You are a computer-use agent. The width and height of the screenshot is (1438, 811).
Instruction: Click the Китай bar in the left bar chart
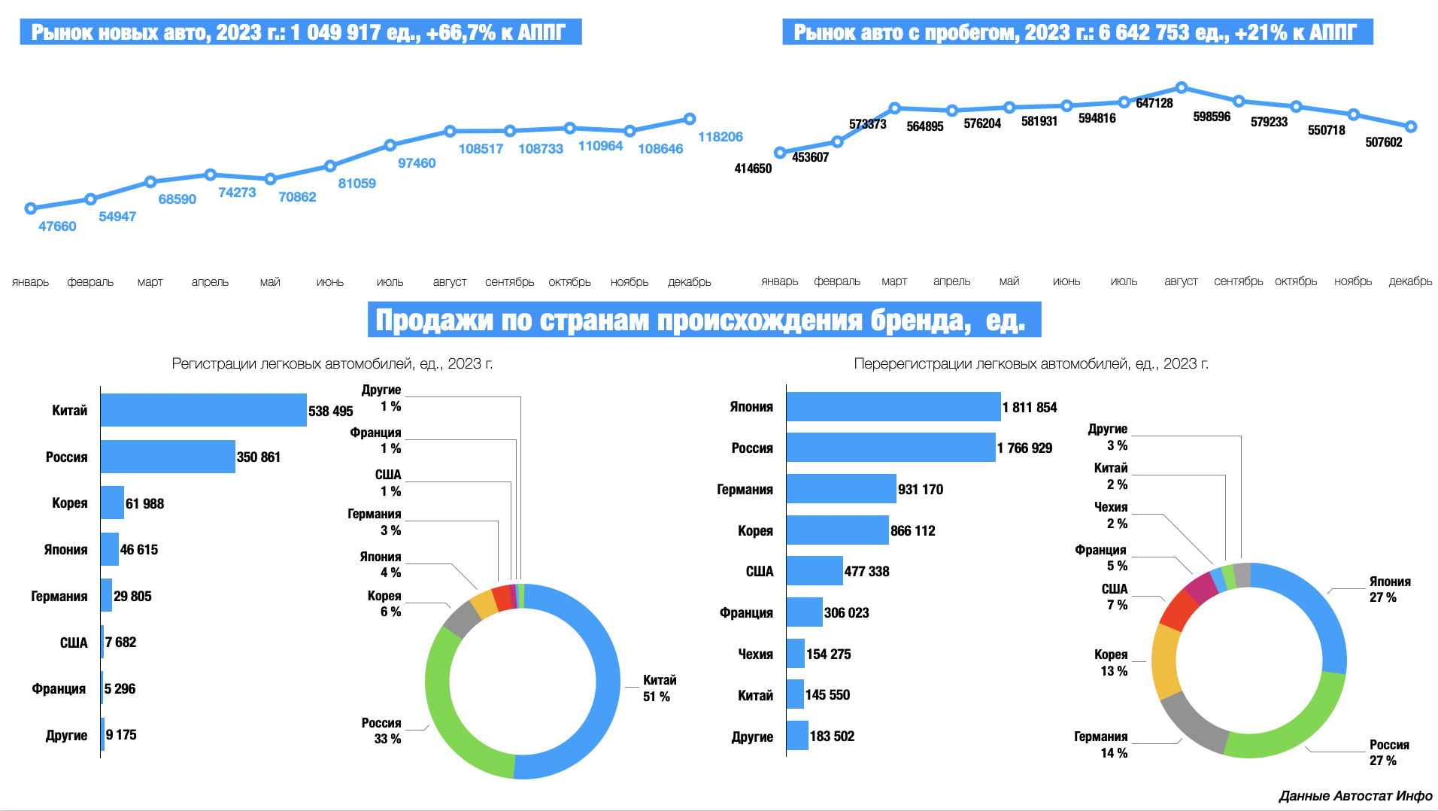[203, 410]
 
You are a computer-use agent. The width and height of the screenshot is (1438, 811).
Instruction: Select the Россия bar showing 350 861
[168, 457]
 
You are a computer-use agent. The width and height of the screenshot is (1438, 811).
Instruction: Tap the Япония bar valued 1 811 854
[893, 407]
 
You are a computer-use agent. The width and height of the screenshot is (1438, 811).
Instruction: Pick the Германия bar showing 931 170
[841, 489]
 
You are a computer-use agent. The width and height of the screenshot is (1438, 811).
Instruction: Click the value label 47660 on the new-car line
[57, 226]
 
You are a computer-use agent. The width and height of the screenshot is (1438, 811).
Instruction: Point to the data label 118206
[720, 137]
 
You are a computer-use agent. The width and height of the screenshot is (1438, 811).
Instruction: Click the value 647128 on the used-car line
[1154, 103]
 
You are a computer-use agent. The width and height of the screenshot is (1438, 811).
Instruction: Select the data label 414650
[753, 169]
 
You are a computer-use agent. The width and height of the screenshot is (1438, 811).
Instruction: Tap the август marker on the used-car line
[1181, 88]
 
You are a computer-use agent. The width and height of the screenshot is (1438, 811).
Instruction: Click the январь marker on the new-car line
[31, 208]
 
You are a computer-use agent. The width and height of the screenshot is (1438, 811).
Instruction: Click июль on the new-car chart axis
[390, 282]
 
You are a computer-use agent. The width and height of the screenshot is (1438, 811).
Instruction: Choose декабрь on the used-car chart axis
[1410, 281]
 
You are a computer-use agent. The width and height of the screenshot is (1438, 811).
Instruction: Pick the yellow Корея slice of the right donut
[1164, 662]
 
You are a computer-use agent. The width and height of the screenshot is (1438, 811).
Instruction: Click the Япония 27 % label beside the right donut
[1389, 589]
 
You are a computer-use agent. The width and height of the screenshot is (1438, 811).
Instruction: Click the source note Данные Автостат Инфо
[1355, 796]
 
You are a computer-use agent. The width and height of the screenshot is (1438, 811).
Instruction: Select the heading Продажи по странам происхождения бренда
[703, 320]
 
